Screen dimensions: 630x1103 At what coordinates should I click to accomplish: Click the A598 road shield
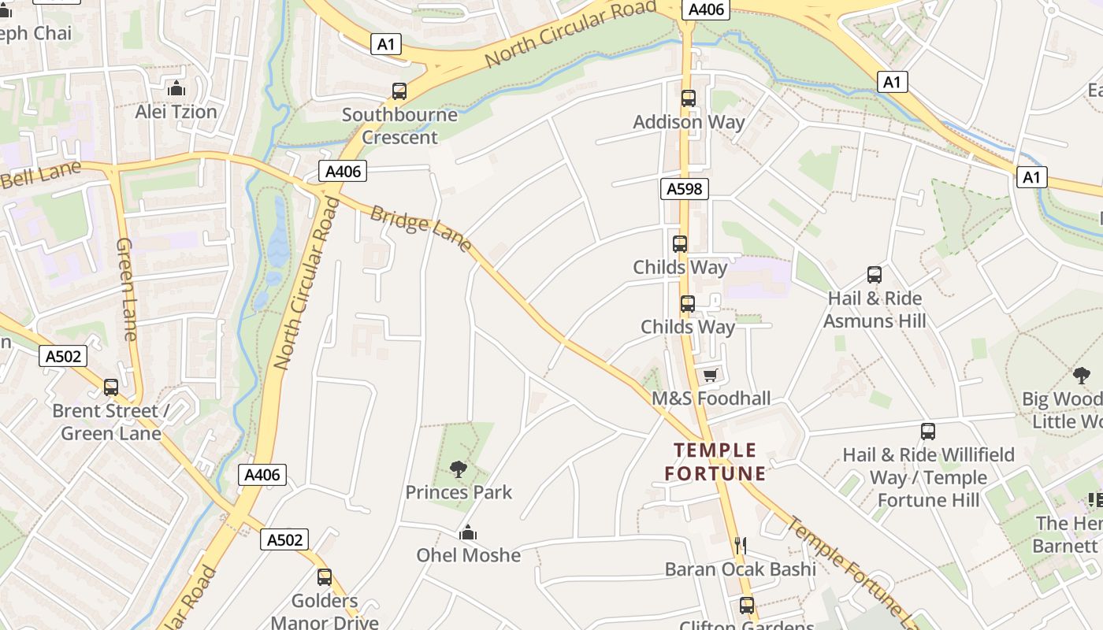point(685,189)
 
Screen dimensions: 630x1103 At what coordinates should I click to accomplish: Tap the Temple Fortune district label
point(715,462)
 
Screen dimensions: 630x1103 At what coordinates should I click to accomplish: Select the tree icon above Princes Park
point(459,470)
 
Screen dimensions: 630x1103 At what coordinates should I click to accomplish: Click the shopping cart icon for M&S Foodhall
point(711,376)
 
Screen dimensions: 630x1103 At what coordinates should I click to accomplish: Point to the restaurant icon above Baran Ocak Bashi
point(740,545)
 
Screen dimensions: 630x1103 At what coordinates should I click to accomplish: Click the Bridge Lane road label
point(421,229)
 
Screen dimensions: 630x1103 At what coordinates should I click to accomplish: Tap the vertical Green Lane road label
point(127,289)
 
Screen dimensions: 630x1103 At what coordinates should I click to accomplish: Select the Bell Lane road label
point(41,175)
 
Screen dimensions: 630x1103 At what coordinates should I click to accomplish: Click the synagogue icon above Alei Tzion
point(176,87)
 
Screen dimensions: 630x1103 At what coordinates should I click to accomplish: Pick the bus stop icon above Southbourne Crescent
point(399,91)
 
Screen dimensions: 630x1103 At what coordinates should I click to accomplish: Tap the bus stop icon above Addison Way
point(689,98)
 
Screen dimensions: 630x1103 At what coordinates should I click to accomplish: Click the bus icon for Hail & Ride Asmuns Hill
point(875,275)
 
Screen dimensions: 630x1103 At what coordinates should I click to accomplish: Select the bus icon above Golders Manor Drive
point(325,577)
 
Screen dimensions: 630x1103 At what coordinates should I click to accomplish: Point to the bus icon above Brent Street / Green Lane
point(111,387)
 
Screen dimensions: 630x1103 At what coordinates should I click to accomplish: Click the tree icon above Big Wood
point(1081,376)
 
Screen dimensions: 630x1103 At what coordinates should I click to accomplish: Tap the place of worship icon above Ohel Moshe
point(469,532)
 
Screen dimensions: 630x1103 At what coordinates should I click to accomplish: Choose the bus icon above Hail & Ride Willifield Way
point(928,432)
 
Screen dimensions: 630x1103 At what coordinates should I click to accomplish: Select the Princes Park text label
point(459,493)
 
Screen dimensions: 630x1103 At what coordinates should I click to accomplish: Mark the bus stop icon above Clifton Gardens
point(746,606)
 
